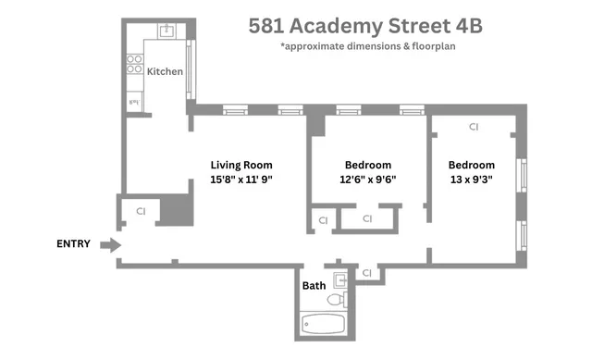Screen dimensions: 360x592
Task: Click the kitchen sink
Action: pyautogui.click(x=167, y=31)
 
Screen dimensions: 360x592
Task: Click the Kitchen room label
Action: pyautogui.click(x=165, y=71)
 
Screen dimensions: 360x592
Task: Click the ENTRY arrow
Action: pyautogui.click(x=110, y=245)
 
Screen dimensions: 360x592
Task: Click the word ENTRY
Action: pyautogui.click(x=73, y=244)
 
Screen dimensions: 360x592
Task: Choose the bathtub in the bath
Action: pyautogui.click(x=324, y=324)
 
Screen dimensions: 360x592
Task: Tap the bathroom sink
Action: pyautogui.click(x=339, y=278)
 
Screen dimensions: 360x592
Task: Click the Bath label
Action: pyautogui.click(x=314, y=285)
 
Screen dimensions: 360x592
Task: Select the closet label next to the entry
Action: pyautogui.click(x=141, y=211)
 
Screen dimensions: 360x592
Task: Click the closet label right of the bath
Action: pyautogui.click(x=367, y=273)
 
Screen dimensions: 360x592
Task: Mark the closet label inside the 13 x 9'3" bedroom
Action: pyautogui.click(x=474, y=126)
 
